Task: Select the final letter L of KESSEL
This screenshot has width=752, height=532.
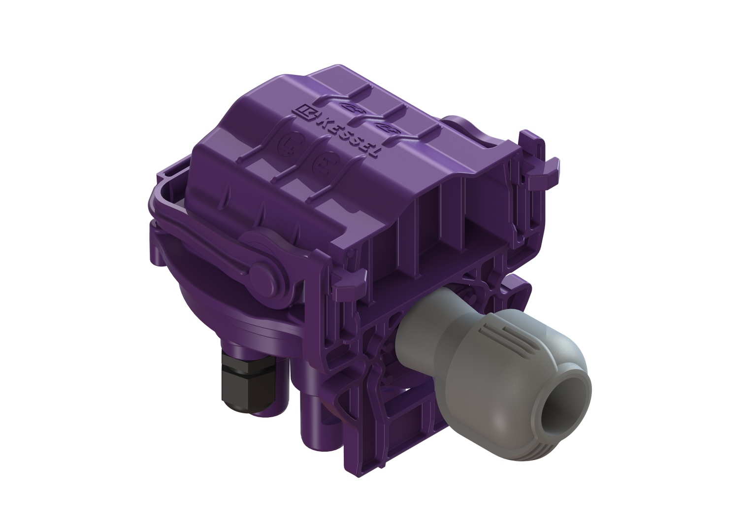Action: click(x=373, y=152)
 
